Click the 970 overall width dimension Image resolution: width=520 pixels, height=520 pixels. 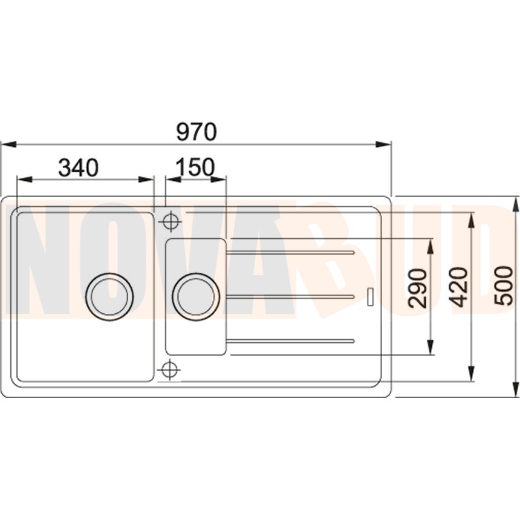click(197, 132)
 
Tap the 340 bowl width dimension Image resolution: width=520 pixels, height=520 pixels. click(79, 167)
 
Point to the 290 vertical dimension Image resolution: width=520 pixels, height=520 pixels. click(417, 288)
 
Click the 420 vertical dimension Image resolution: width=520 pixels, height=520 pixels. click(460, 287)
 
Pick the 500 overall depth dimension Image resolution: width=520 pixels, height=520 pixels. click(504, 285)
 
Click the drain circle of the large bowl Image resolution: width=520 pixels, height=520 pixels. click(109, 296)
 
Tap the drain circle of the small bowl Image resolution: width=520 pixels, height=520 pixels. click(196, 296)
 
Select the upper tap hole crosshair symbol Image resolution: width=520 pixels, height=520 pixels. click(171, 221)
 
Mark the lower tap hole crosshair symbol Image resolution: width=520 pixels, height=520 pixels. click(170, 369)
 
